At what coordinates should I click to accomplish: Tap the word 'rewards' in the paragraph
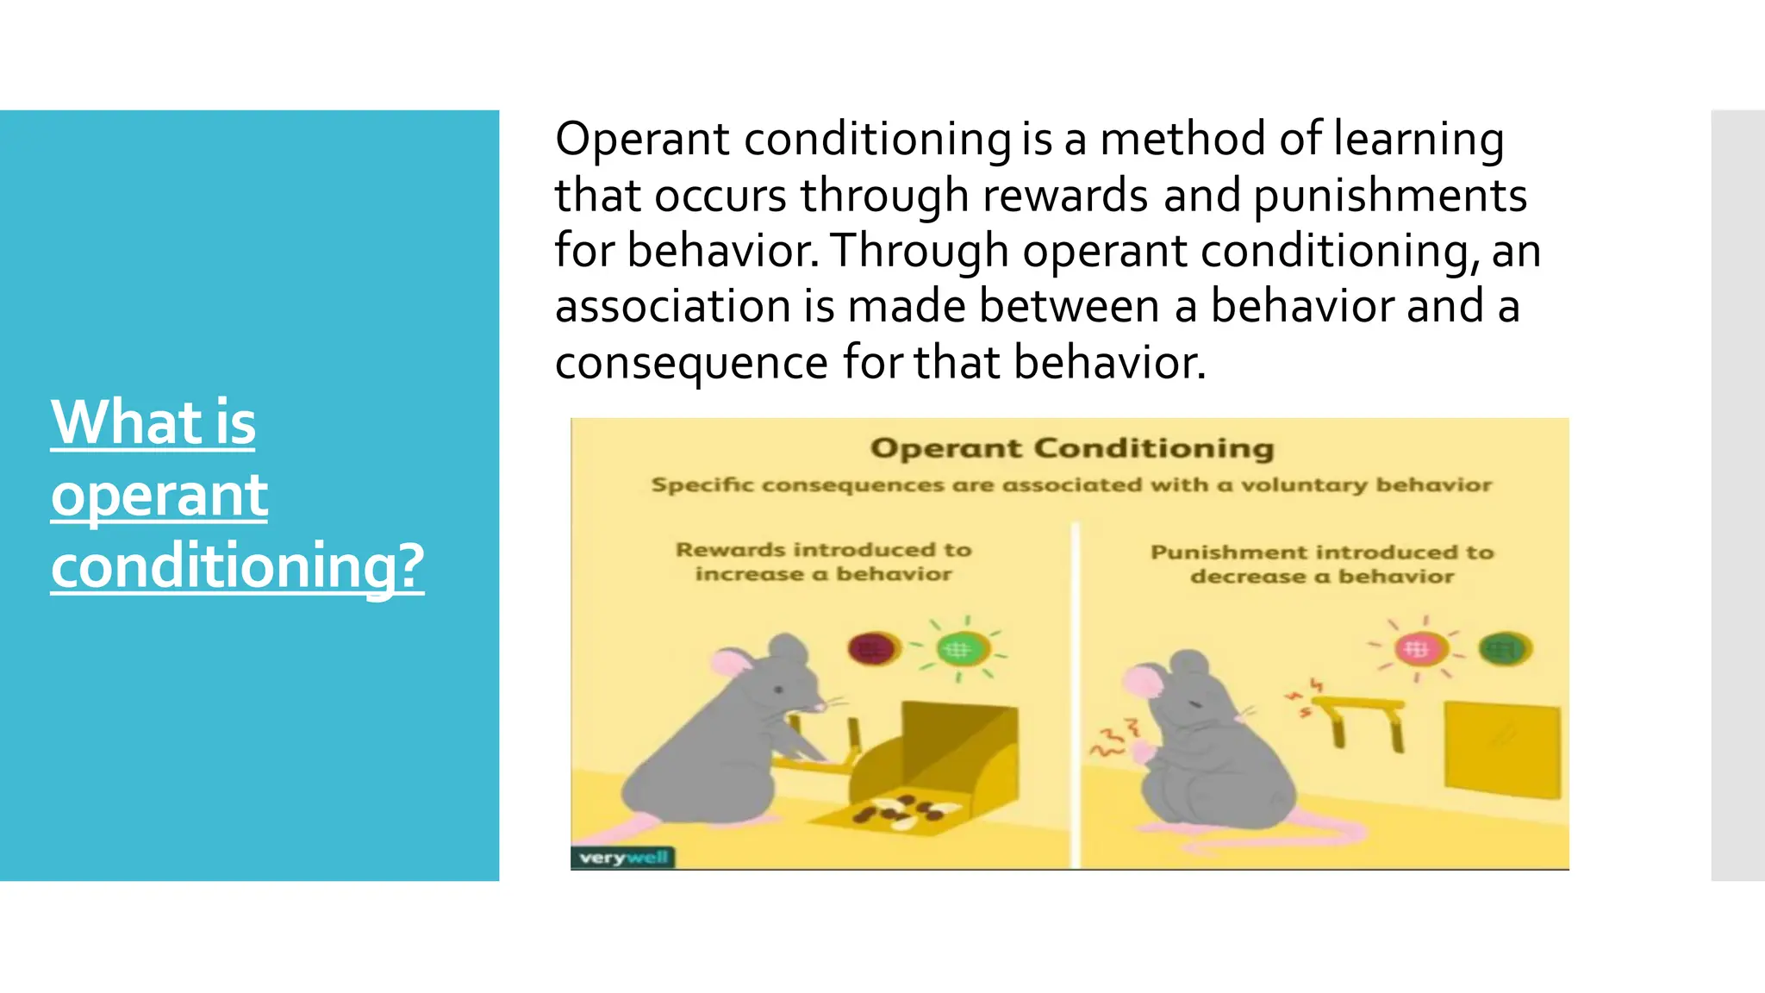(1065, 195)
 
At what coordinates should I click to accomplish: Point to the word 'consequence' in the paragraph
(691, 363)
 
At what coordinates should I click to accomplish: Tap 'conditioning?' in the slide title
(237, 566)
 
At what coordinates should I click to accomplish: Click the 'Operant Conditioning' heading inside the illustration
(1071, 448)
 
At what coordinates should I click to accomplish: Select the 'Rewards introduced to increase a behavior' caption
(823, 562)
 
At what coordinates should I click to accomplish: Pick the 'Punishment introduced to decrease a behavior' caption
(1321, 565)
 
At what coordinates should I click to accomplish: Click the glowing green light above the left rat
(958, 649)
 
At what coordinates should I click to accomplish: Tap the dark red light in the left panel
(872, 648)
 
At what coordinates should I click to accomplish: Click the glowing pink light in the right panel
(1416, 648)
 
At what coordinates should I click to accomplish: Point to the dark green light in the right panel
(1504, 648)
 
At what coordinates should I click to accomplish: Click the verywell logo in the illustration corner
(622, 858)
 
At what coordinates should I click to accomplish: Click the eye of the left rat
(778, 689)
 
